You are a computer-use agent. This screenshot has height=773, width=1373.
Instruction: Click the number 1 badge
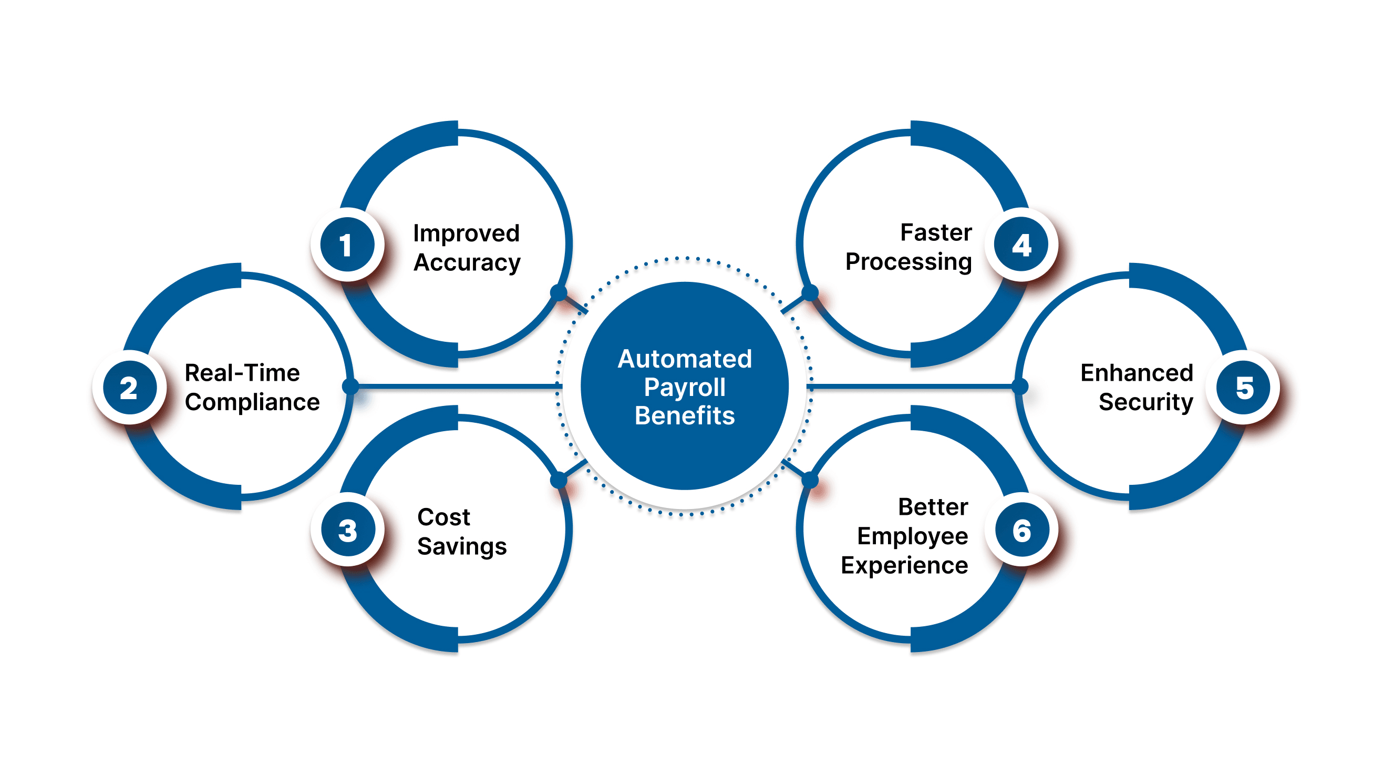pyautogui.click(x=347, y=245)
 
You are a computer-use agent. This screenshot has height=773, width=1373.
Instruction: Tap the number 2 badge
pyautogui.click(x=129, y=388)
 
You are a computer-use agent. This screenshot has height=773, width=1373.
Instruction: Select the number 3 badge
pyautogui.click(x=347, y=530)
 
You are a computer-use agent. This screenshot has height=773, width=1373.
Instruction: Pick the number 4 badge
pyautogui.click(x=1021, y=245)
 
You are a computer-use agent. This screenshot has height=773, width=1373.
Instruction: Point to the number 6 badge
pyautogui.click(x=1021, y=530)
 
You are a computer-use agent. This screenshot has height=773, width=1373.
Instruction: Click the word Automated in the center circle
pyautogui.click(x=684, y=359)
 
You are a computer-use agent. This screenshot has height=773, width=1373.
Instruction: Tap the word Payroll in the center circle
pyautogui.click(x=684, y=388)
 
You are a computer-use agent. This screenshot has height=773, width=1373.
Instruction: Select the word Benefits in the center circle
pyautogui.click(x=684, y=415)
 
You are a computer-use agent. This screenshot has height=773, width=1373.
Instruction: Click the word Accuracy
pyautogui.click(x=467, y=263)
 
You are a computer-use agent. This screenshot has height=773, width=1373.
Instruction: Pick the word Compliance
pyautogui.click(x=252, y=402)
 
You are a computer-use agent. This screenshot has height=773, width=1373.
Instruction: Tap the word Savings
pyautogui.click(x=461, y=547)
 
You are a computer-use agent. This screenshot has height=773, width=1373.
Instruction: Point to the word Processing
pyautogui.click(x=908, y=262)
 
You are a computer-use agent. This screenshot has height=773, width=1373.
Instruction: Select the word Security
pyautogui.click(x=1145, y=402)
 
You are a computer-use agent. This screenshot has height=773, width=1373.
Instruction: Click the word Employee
pyautogui.click(x=912, y=537)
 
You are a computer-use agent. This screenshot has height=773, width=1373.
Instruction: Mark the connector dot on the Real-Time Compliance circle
pyautogui.click(x=350, y=385)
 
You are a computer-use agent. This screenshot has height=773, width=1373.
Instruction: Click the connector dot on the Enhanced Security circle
pyautogui.click(x=1019, y=386)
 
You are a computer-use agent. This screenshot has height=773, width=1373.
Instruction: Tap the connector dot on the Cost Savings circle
pyautogui.click(x=558, y=480)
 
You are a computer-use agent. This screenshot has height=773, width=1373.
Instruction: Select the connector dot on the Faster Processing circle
pyautogui.click(x=810, y=292)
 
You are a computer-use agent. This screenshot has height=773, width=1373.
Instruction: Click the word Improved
pyautogui.click(x=467, y=233)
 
